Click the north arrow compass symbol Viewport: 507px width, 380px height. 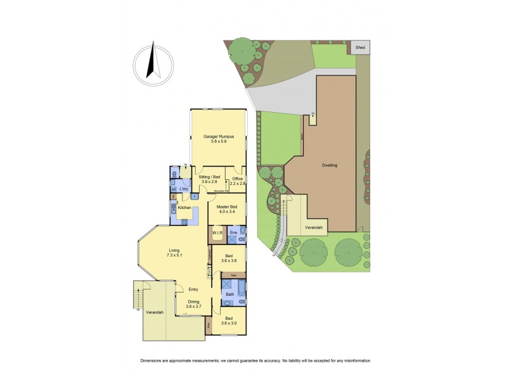[x=152, y=64]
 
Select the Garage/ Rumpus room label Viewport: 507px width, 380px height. [x=219, y=139]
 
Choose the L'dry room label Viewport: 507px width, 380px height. [x=184, y=189]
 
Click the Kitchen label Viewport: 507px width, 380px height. [x=184, y=208]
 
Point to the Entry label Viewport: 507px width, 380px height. [x=193, y=289]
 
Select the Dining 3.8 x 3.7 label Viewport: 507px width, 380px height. [x=193, y=304]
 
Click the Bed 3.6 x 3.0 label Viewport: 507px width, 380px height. [x=228, y=321]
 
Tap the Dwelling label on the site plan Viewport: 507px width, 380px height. [x=329, y=165]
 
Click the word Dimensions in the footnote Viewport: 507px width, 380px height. [x=152, y=360]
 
